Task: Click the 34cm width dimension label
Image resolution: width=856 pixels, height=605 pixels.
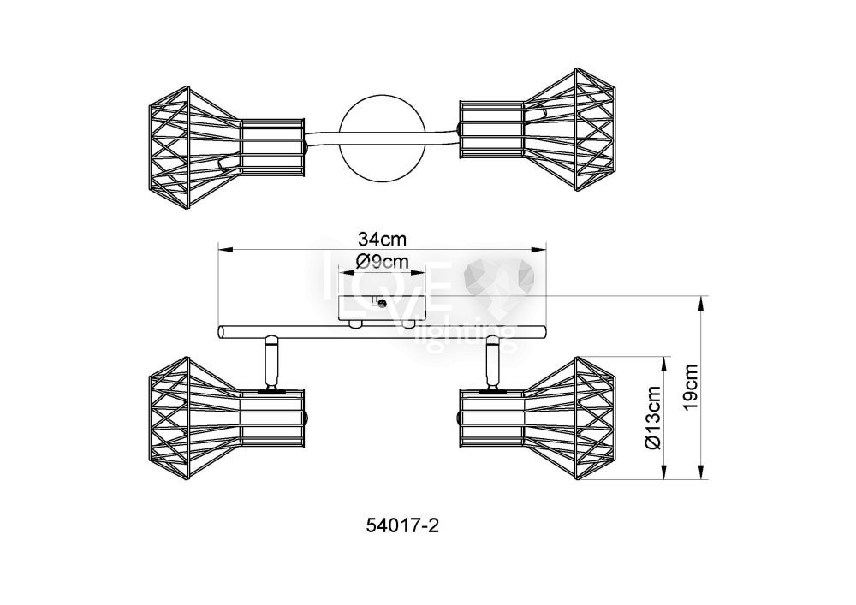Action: [x=382, y=239]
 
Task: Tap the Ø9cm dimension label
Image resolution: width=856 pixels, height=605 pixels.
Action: [x=382, y=262]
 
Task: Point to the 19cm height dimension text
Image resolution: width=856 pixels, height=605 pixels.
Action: [x=691, y=386]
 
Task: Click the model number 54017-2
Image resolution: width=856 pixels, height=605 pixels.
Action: [x=402, y=525]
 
